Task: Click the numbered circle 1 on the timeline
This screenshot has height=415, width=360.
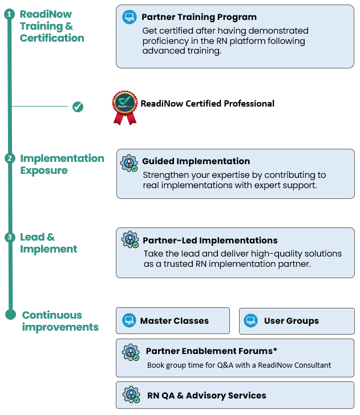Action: coord(9,14)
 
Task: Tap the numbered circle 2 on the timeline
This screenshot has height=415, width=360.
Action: coord(9,158)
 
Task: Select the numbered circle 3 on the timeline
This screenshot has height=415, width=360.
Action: coord(9,237)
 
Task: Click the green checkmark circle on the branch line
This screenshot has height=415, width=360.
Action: coord(78,107)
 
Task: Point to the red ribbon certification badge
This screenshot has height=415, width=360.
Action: coord(124,107)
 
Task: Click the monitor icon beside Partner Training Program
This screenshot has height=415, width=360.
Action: coord(130,17)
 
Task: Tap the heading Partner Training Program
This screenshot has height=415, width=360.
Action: coord(199,17)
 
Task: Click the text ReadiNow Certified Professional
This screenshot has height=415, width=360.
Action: coord(208,104)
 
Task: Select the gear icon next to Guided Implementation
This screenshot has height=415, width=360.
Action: coord(130,162)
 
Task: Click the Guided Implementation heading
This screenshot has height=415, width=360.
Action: coord(196,161)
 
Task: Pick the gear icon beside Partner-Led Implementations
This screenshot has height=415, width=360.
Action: coord(131,240)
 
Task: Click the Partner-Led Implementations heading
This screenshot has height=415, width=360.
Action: coord(210,241)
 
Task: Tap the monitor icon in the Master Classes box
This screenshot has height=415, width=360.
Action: coord(130,321)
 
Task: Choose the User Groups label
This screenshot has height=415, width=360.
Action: coord(291,321)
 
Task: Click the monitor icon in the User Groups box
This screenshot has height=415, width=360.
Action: coord(251,321)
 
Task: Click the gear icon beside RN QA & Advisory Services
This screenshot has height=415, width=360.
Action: coord(131,395)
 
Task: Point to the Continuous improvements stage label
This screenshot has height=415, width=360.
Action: coord(60,321)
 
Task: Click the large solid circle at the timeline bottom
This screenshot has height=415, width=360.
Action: coord(10,314)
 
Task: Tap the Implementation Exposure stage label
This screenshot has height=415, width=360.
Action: coord(62,164)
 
